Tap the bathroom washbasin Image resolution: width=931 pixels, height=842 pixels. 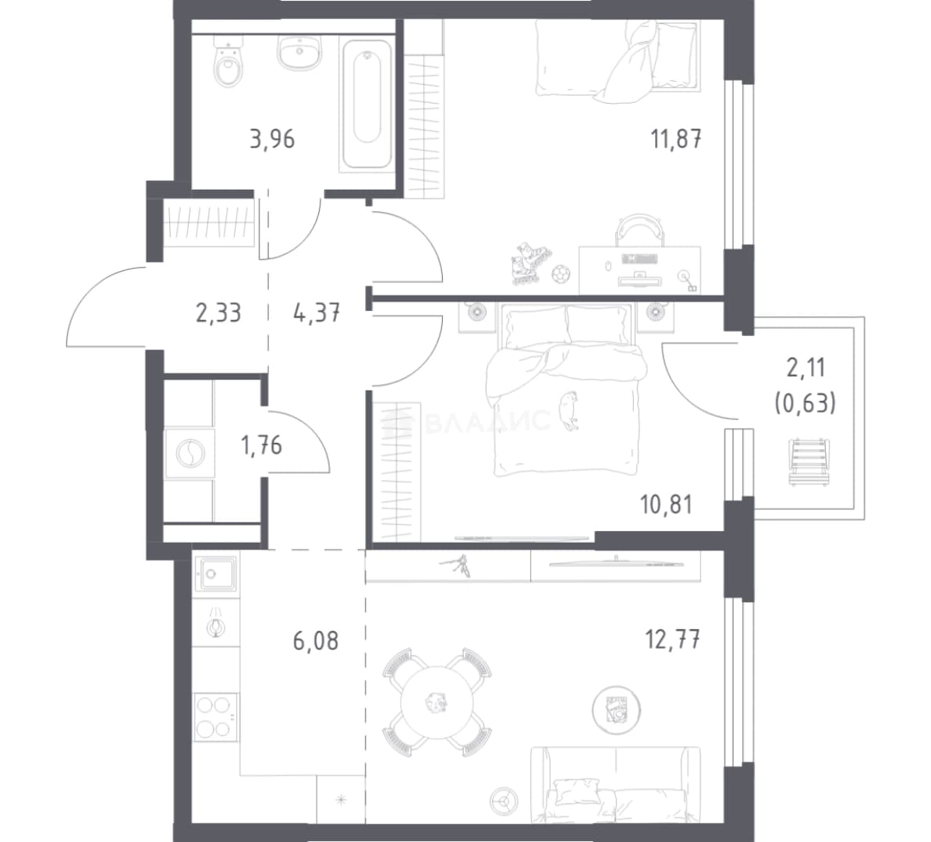pyautogui.click(x=300, y=51)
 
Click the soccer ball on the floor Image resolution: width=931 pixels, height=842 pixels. pyautogui.click(x=561, y=274)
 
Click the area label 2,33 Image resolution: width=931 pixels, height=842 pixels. pyautogui.click(x=218, y=313)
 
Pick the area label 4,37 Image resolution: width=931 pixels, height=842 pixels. pyautogui.click(x=317, y=313)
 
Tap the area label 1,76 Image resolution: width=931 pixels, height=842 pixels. pyautogui.click(x=261, y=445)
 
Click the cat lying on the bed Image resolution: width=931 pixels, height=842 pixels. pyautogui.click(x=569, y=409)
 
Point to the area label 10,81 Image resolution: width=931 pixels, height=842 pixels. pyautogui.click(x=666, y=504)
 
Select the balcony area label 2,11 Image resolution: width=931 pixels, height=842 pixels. pyautogui.click(x=805, y=368)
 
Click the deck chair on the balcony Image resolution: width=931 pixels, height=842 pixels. pyautogui.click(x=806, y=462)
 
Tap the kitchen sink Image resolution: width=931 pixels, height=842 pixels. pyautogui.click(x=216, y=575)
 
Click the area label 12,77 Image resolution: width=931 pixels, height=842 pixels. pyautogui.click(x=673, y=640)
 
